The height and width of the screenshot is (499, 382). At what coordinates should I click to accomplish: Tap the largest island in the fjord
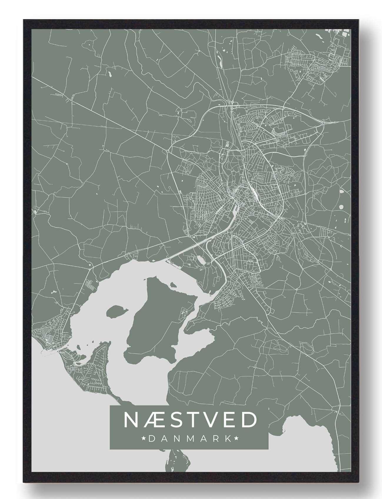[156, 323]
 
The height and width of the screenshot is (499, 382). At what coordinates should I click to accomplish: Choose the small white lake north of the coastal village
[54, 293]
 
